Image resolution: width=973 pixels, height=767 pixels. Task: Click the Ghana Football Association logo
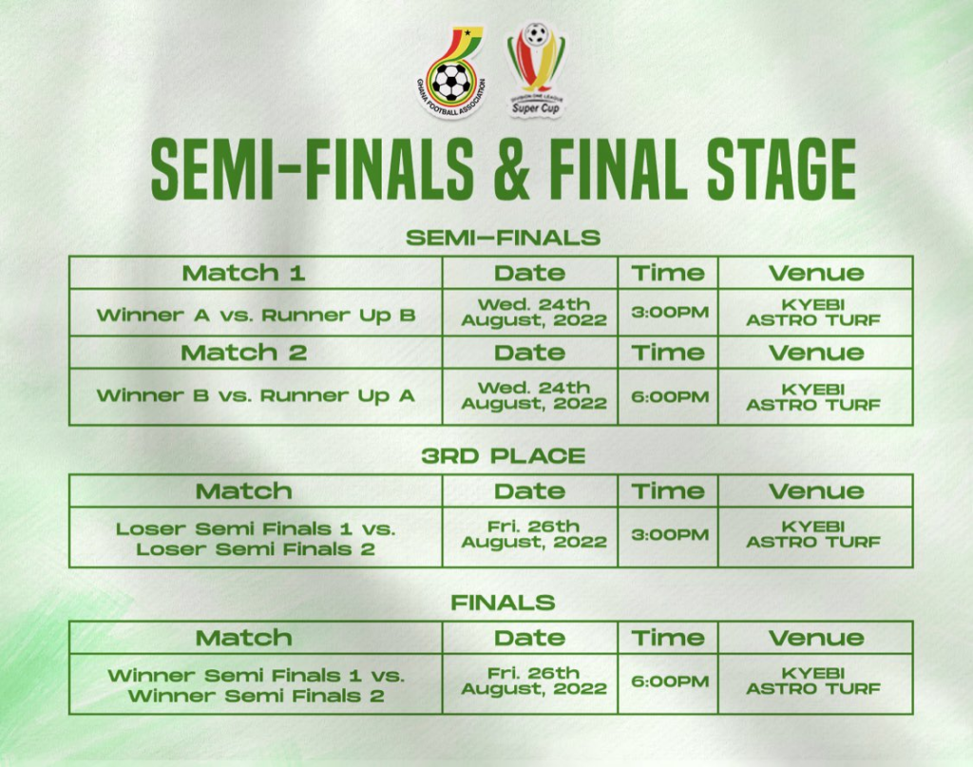coord(451,72)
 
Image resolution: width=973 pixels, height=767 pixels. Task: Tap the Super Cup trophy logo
coord(536,69)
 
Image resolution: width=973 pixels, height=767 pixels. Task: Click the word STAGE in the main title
coord(782,169)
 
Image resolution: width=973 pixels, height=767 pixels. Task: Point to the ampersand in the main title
coord(512,169)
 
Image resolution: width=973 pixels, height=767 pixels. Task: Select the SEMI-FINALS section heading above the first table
coord(504,237)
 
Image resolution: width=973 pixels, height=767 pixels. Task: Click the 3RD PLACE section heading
coord(504,456)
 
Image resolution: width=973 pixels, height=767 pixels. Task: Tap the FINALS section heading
coord(504,603)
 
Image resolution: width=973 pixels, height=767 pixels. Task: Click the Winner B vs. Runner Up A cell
coord(256,395)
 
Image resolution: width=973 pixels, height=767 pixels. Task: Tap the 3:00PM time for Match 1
coord(670,312)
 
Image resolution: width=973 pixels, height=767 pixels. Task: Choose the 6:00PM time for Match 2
coord(670,396)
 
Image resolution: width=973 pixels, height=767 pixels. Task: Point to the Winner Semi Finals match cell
coord(256,685)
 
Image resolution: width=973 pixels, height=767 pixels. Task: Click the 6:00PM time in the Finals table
coord(670,681)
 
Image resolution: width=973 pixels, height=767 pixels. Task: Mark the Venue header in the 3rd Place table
coord(816,491)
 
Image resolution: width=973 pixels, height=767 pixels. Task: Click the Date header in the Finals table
coord(530,638)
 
